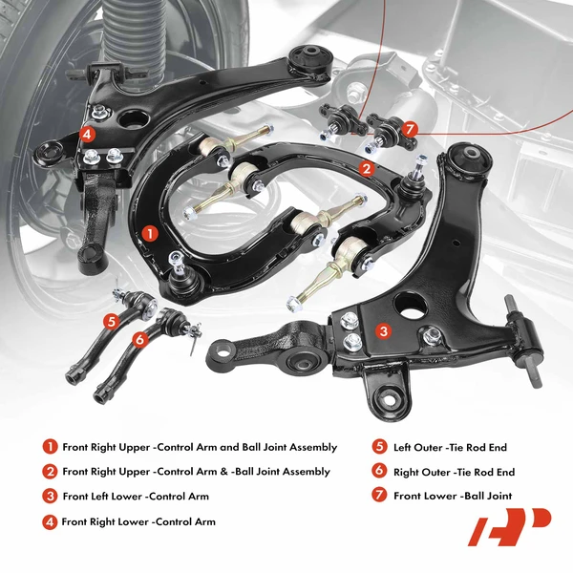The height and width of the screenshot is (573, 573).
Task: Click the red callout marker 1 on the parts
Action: (148, 232)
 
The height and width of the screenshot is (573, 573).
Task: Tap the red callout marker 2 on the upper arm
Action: (366, 168)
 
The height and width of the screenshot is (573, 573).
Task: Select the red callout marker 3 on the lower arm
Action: (383, 331)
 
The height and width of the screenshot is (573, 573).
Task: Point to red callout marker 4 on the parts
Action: (87, 134)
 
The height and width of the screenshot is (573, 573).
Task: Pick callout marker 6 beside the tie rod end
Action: (139, 338)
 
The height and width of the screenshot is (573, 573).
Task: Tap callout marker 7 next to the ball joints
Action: (410, 129)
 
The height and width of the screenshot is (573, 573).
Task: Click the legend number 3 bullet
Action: (49, 497)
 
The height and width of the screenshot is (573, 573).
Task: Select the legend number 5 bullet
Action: (379, 447)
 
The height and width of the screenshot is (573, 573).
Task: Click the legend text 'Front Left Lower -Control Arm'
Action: (135, 497)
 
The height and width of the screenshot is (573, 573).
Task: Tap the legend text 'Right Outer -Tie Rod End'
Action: (456, 472)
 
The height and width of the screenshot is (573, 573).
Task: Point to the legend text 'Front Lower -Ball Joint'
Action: (454, 496)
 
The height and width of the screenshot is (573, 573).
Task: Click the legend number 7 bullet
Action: (379, 496)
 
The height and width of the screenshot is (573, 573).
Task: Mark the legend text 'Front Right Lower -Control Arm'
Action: (138, 521)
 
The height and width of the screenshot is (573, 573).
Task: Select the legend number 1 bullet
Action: (49, 447)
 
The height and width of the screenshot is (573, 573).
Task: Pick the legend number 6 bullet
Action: (379, 472)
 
